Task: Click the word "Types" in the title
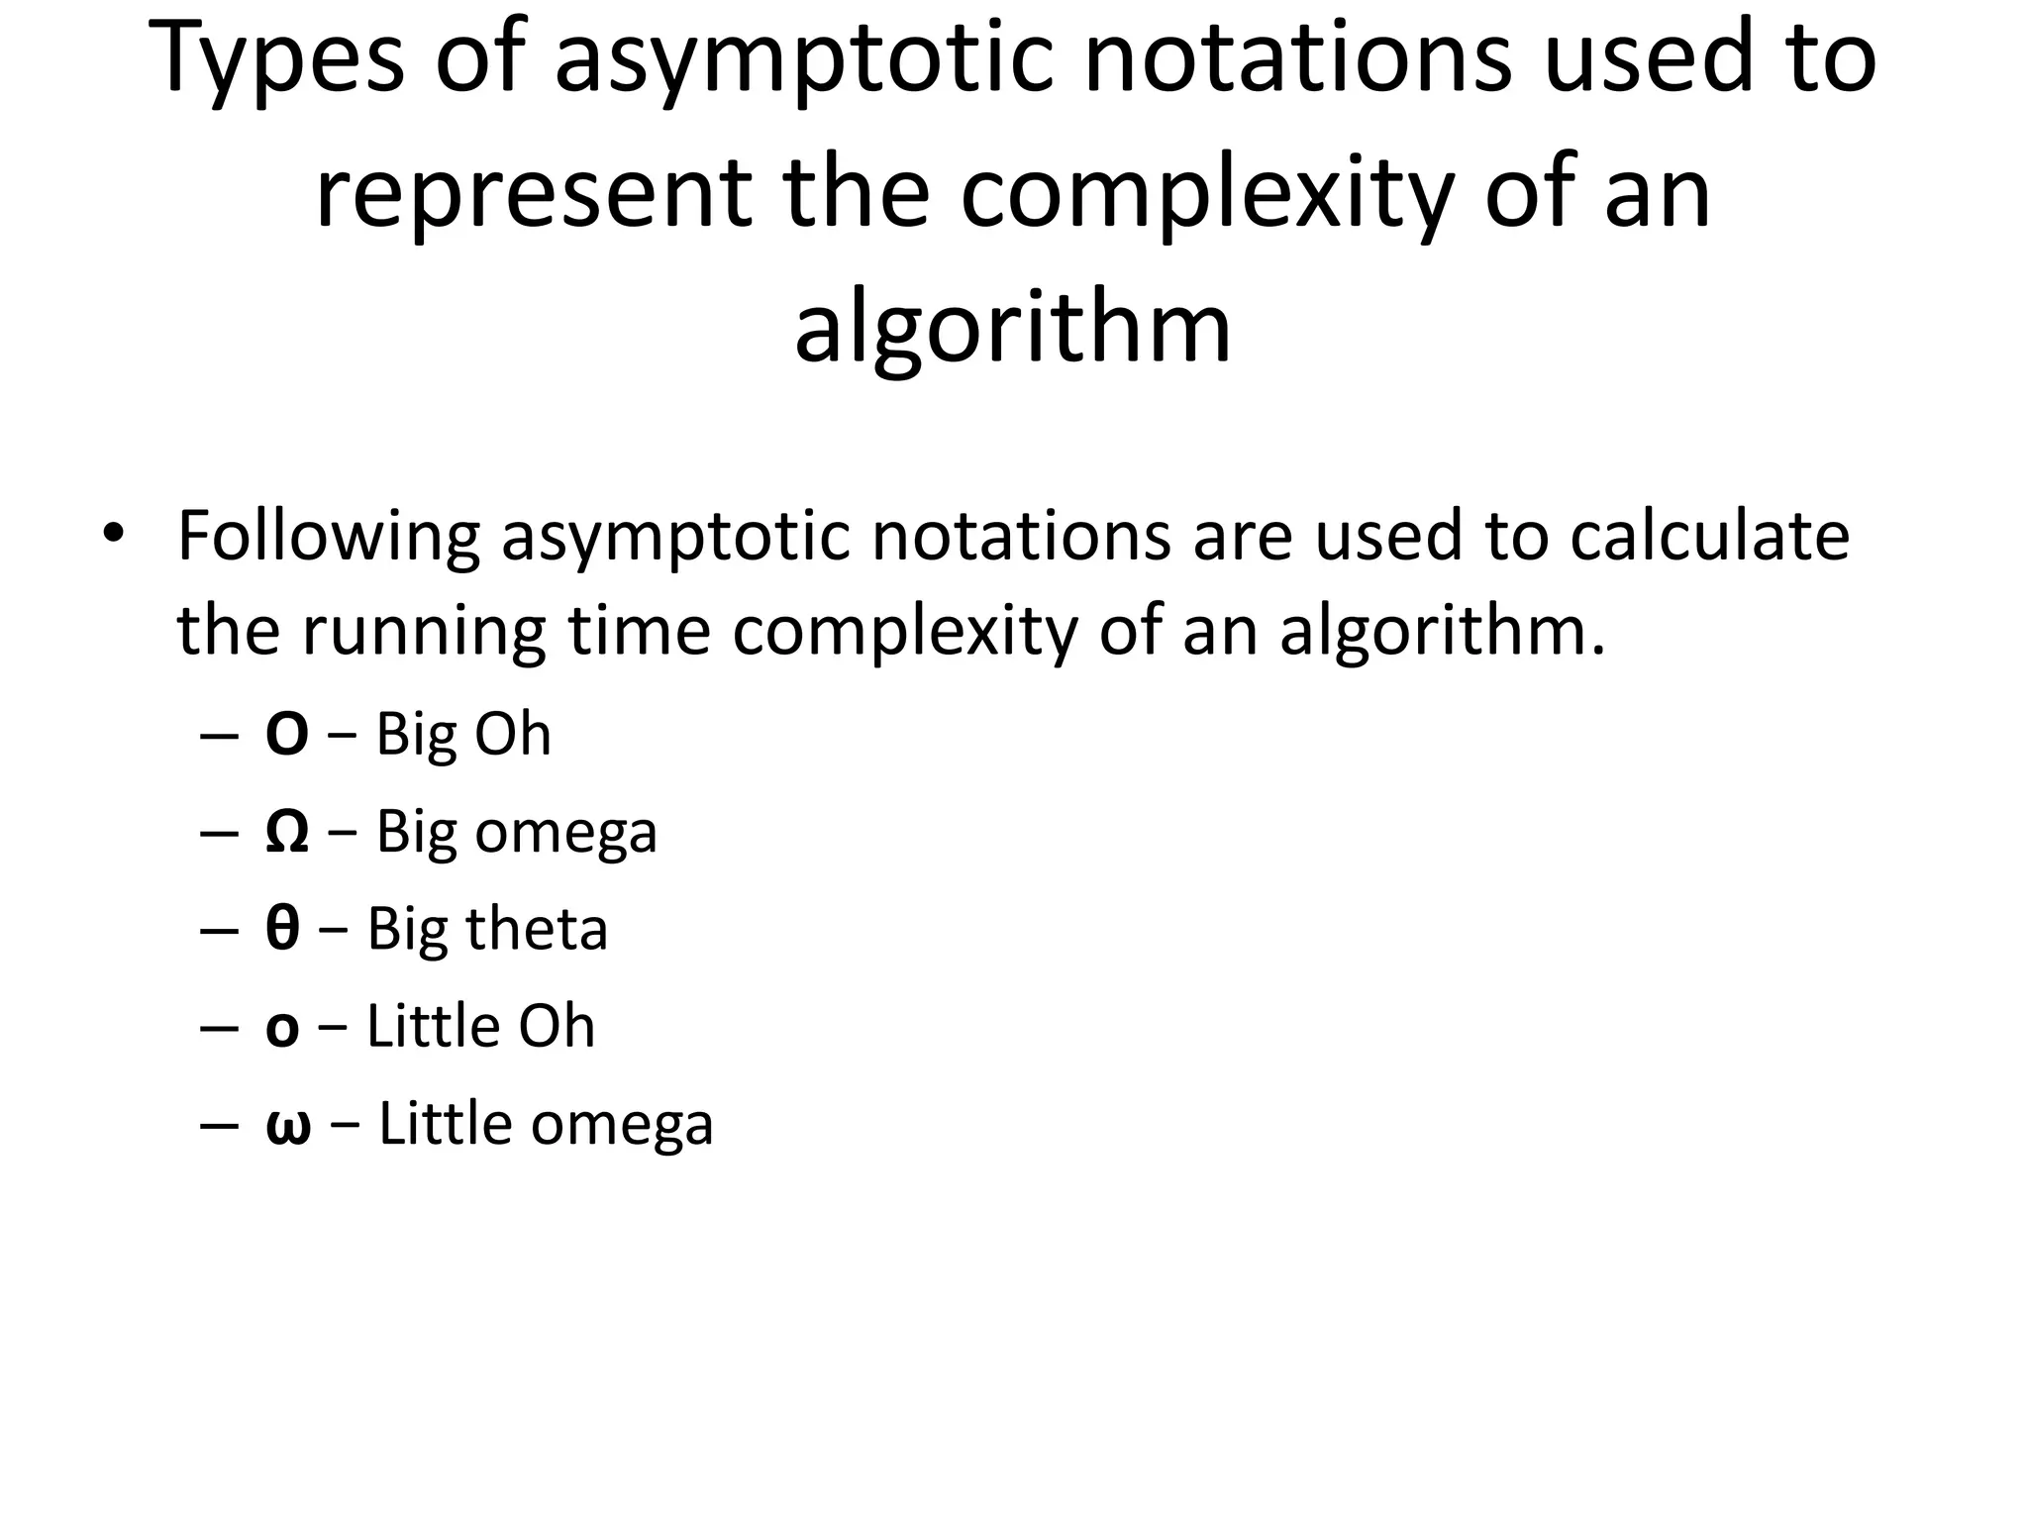(280, 59)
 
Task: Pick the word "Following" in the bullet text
(328, 538)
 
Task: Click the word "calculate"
(1710, 538)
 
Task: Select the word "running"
(424, 632)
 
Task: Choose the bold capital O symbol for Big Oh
(286, 736)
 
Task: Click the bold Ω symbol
(286, 833)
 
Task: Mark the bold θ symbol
(282, 930)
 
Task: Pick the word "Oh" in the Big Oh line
(512, 736)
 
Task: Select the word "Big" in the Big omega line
(416, 833)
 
